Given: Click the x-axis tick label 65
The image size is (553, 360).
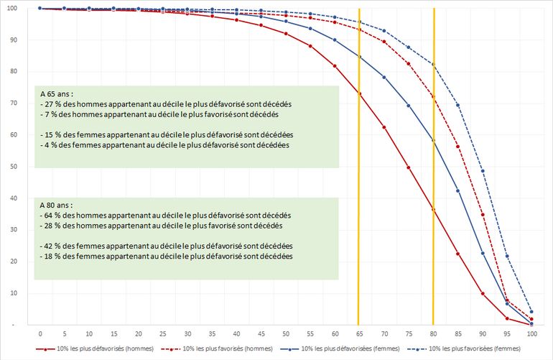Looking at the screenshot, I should (x=359, y=335).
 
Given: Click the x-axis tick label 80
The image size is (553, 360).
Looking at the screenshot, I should (x=433, y=335).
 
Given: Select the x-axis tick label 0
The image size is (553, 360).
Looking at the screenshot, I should (x=40, y=335).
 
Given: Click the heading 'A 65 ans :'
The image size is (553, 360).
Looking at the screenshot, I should (x=57, y=94).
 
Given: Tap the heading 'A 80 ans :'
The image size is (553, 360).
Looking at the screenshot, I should (x=57, y=205).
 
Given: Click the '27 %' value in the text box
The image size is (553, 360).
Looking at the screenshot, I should (x=52, y=104).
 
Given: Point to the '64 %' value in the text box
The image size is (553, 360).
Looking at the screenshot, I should (x=52, y=215).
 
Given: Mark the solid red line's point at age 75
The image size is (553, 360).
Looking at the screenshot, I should (x=408, y=167).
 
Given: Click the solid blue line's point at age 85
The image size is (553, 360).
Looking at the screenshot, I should (x=457, y=190).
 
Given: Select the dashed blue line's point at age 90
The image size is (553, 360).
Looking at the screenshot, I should (x=482, y=171).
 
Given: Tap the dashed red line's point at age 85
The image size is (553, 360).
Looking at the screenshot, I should (x=457, y=147).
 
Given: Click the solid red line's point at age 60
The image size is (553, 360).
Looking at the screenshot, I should (x=335, y=66).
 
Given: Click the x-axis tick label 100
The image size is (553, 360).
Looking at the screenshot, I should (x=531, y=335).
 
